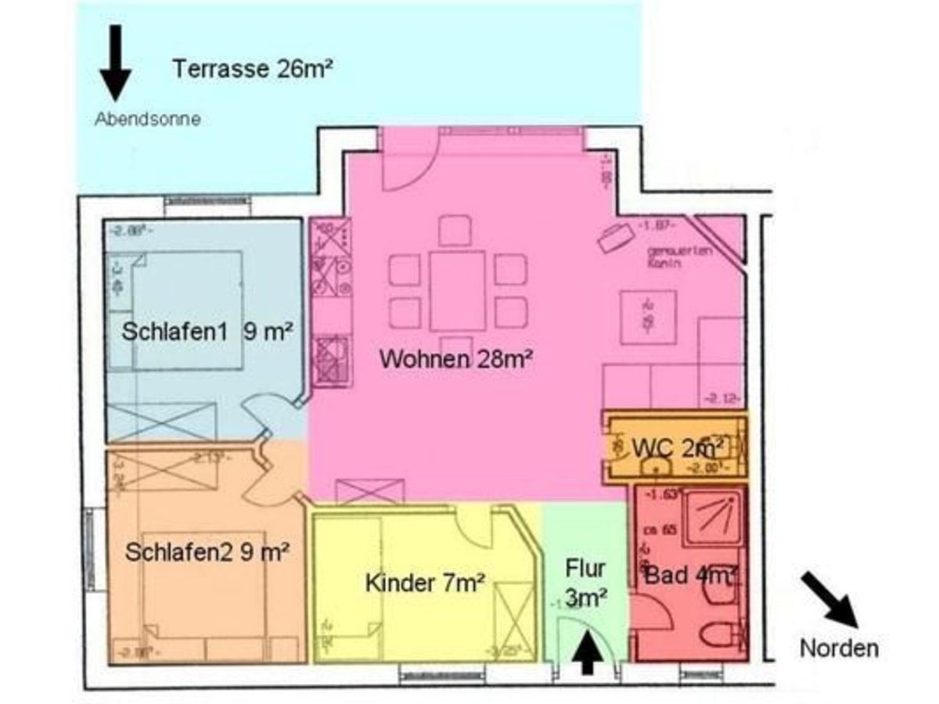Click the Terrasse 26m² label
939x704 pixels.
click(x=253, y=70)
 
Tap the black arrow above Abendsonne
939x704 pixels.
click(x=116, y=63)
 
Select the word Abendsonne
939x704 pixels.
click(x=147, y=120)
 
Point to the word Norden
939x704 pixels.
click(x=839, y=648)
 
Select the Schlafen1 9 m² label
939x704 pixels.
click(x=207, y=332)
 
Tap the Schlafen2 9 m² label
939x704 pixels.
click(x=208, y=552)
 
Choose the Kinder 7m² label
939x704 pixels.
click(x=425, y=583)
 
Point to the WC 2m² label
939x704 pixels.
click(x=678, y=449)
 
